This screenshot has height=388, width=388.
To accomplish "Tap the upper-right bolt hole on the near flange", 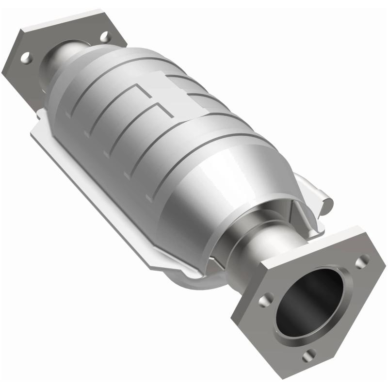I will click(361, 262).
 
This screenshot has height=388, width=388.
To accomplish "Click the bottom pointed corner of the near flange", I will click(310, 376).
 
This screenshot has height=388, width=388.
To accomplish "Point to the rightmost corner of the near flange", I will click(385, 265).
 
